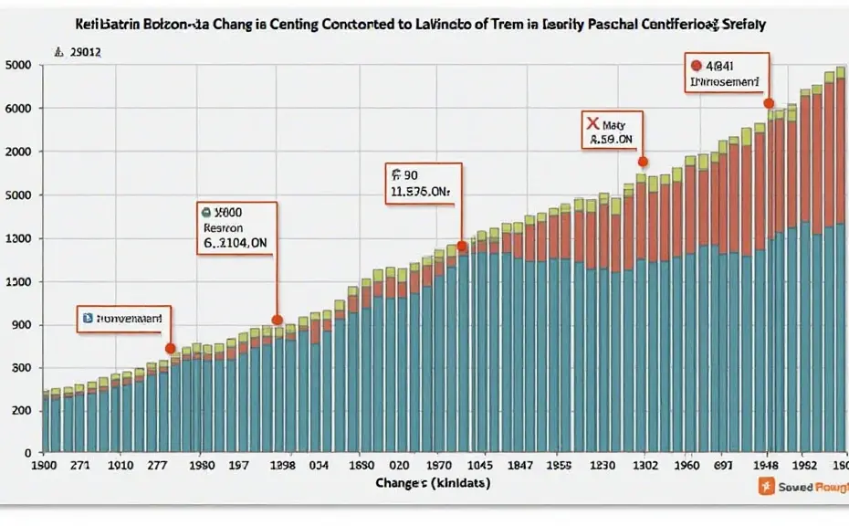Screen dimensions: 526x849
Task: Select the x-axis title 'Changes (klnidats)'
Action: [x=432, y=483]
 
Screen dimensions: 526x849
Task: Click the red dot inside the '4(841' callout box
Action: [x=697, y=66]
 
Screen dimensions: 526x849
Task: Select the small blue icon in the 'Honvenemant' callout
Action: [x=88, y=319]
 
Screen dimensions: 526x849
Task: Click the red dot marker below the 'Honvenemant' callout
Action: [x=170, y=348]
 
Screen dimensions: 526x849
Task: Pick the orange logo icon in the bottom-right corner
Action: [x=767, y=487]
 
